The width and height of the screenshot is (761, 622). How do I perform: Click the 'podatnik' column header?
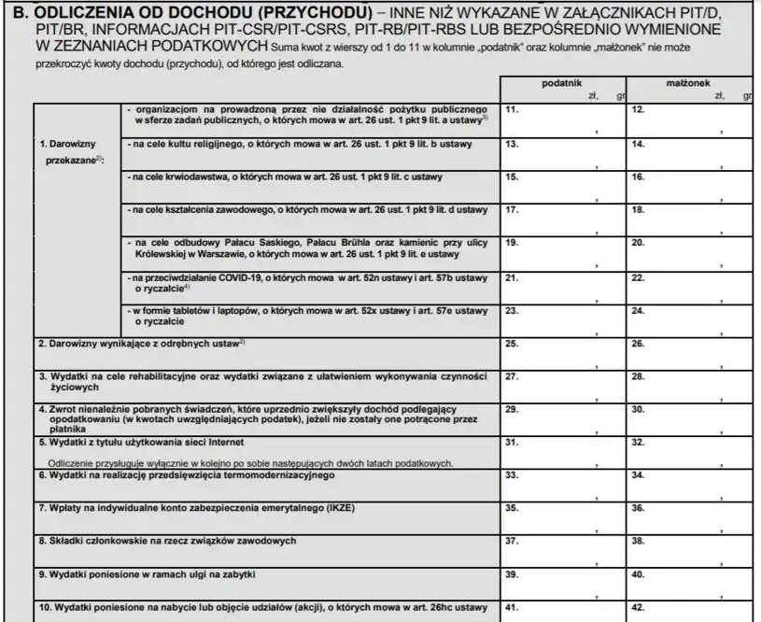coord(562,83)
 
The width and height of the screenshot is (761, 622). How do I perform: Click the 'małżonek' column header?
coord(690,83)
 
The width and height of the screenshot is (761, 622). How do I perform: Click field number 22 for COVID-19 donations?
coord(690,287)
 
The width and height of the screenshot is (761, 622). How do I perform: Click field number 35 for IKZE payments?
coord(563,517)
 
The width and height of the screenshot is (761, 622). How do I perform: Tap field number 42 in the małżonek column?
coord(690,608)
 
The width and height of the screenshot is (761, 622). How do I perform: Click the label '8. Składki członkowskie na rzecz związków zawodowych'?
coord(167,541)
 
